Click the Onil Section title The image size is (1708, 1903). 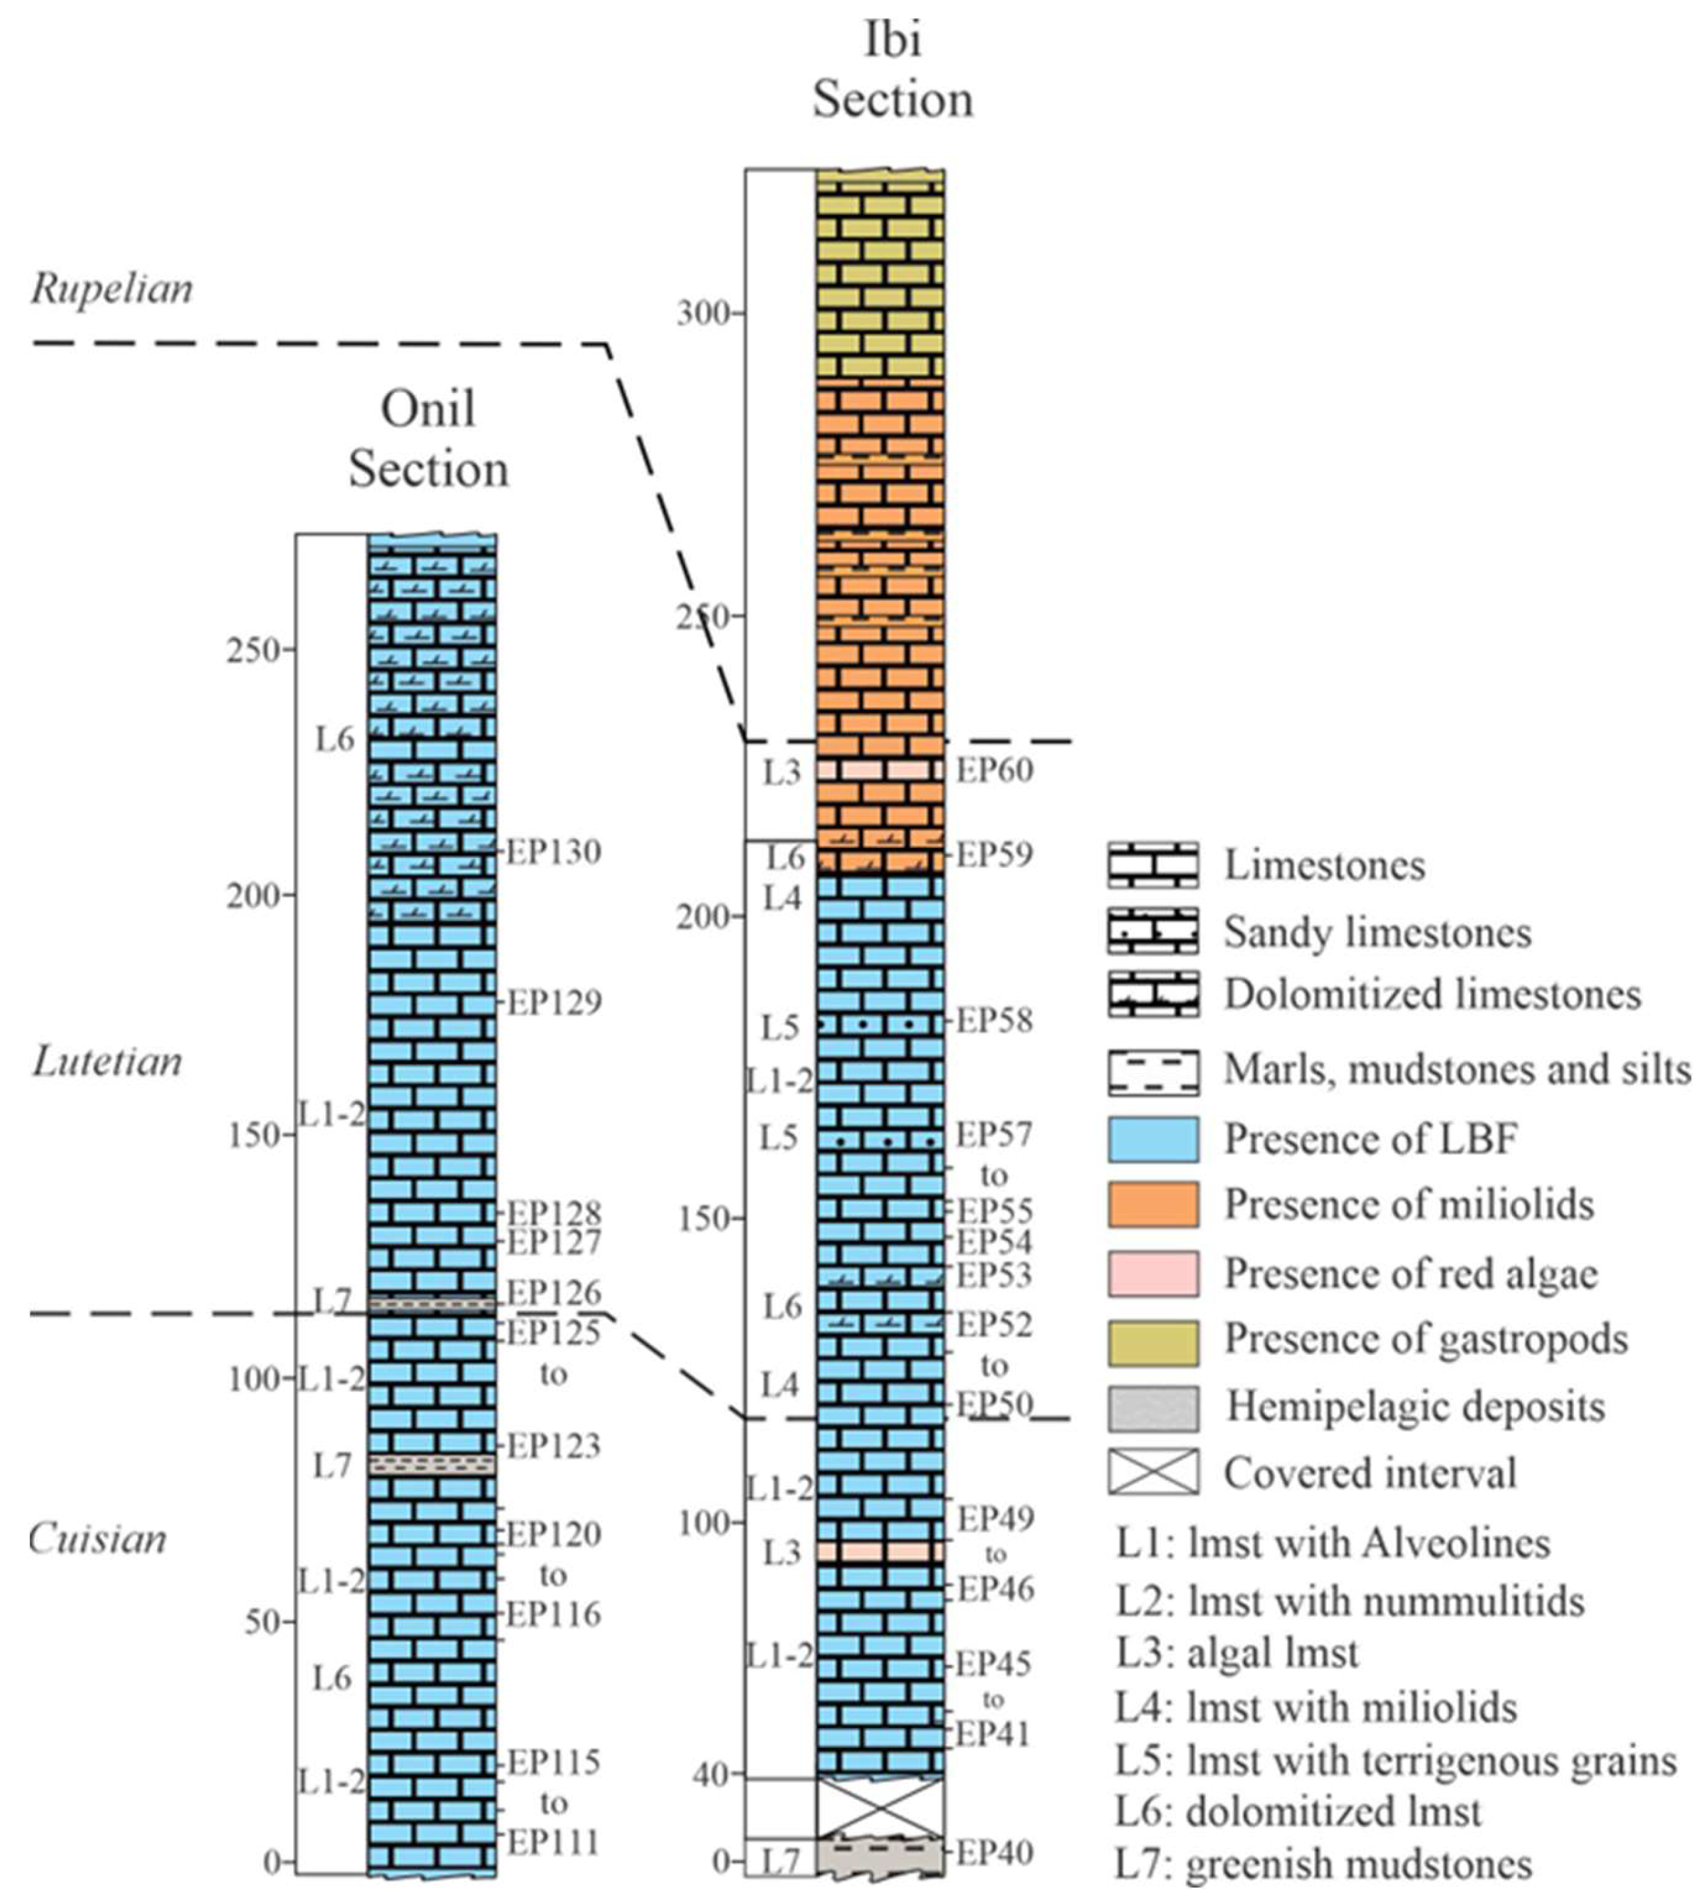pos(429,438)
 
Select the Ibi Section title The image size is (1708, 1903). pos(893,70)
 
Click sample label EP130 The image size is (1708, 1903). pos(554,852)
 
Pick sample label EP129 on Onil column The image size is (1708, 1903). pos(554,1002)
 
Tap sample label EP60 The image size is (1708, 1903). pos(994,770)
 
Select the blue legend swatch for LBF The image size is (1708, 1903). pos(1152,1139)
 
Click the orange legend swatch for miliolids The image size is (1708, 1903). pos(1152,1205)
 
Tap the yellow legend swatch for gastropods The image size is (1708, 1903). pos(1152,1341)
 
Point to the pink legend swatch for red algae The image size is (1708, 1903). pos(1152,1273)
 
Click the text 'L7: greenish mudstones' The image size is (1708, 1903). pos(1323,1864)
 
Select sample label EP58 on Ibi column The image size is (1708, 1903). pos(994,1020)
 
